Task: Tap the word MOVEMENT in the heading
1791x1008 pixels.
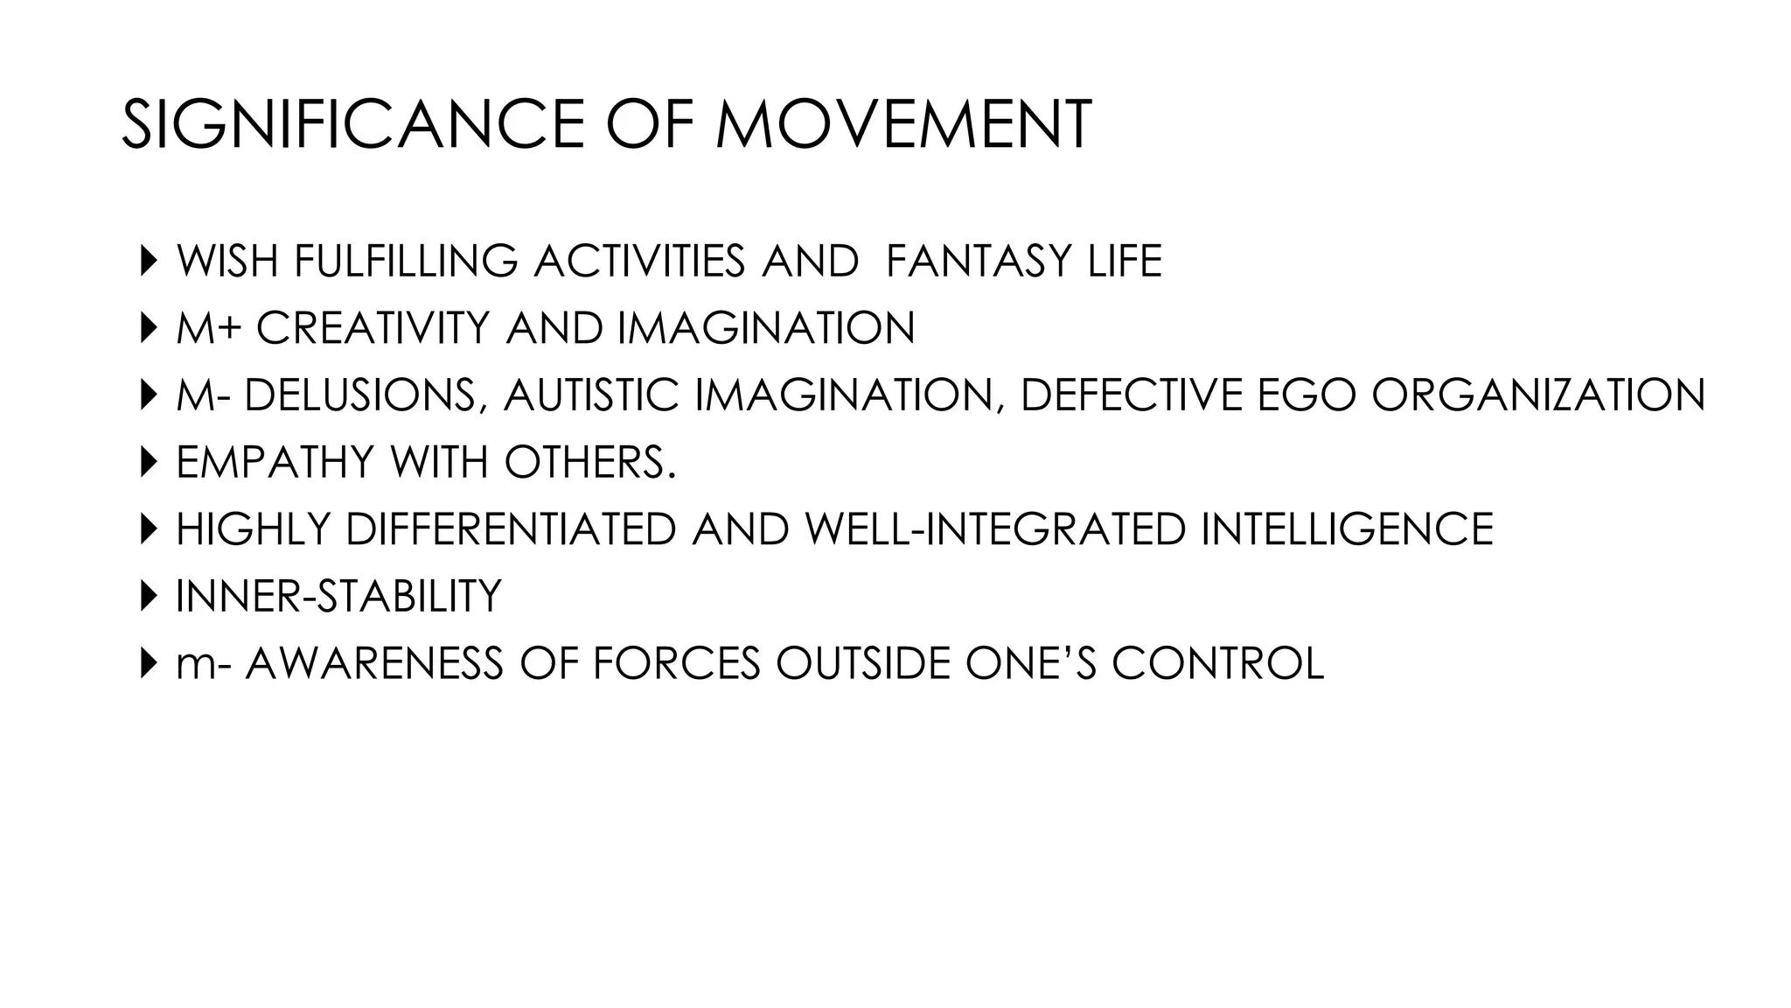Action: click(x=903, y=124)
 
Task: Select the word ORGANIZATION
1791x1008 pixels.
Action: click(x=1538, y=395)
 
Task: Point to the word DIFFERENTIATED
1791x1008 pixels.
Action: click(x=512, y=528)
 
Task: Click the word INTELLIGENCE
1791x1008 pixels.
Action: click(x=1347, y=528)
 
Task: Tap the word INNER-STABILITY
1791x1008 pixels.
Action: click(x=338, y=596)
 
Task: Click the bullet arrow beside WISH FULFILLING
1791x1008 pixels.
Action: click(x=146, y=261)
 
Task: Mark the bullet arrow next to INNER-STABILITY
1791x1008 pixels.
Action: click(x=146, y=596)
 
